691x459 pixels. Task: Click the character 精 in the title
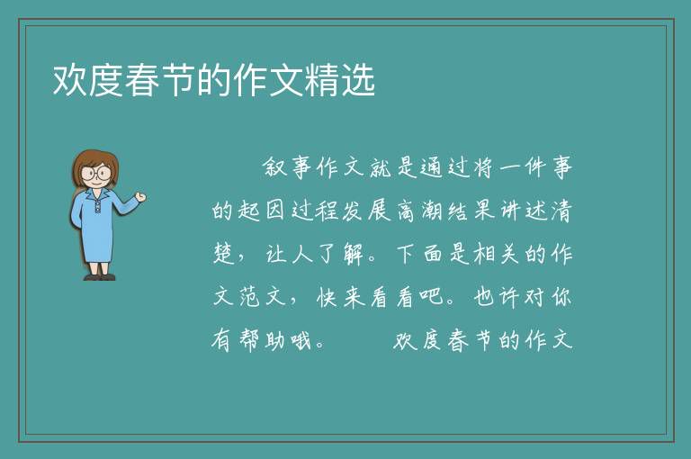click(321, 80)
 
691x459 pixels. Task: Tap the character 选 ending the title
click(357, 80)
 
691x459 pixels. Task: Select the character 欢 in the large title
click(70, 80)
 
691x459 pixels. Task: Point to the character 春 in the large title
click(142, 80)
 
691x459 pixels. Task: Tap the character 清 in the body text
click(561, 211)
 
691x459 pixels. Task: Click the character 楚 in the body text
click(223, 254)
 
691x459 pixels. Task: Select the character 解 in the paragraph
click(354, 254)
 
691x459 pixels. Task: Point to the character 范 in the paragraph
click(250, 297)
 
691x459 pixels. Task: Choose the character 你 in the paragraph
click(561, 296)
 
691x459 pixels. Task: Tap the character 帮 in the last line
click(250, 340)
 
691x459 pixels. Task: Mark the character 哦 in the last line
click(301, 340)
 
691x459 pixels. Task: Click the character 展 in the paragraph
click(379, 211)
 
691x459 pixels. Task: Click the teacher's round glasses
click(96, 173)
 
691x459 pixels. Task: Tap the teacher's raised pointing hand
click(140, 197)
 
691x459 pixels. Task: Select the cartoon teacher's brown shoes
click(100, 277)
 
